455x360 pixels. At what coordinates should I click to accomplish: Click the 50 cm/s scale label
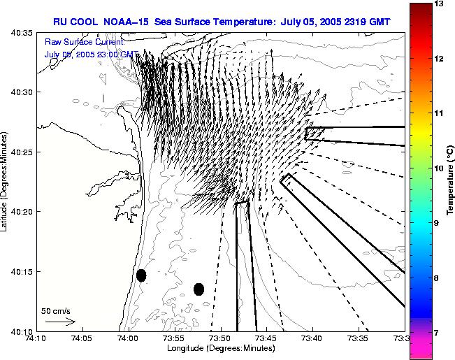55,310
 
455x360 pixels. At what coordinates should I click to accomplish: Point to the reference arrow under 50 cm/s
60,322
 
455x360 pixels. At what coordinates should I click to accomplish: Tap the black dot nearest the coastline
141,275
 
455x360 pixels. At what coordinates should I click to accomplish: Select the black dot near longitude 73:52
198,289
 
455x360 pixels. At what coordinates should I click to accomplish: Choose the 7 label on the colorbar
440,333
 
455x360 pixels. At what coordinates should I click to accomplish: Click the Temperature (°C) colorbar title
452,180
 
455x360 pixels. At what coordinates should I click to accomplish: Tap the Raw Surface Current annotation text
84,43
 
